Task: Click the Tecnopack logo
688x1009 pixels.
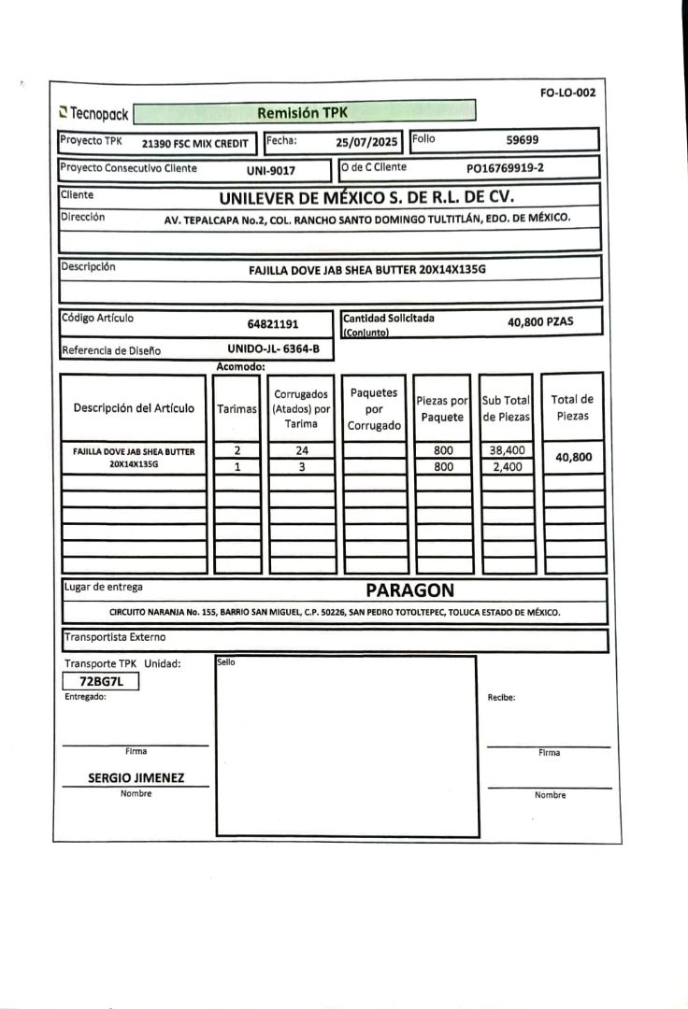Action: pyautogui.click(x=93, y=114)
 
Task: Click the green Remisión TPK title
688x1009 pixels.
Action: pyautogui.click(x=305, y=113)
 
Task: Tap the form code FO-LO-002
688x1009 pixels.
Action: pyautogui.click(x=567, y=92)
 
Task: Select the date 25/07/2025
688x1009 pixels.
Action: pyautogui.click(x=366, y=142)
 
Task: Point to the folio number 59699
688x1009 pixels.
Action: pyautogui.click(x=523, y=140)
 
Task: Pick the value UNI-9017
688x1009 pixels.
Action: pyautogui.click(x=271, y=170)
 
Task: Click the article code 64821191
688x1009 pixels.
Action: pyautogui.click(x=273, y=324)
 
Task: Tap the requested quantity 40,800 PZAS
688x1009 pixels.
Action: pyautogui.click(x=540, y=322)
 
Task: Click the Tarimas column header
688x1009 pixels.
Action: pyautogui.click(x=236, y=408)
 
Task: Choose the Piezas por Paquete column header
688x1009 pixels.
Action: pyautogui.click(x=442, y=408)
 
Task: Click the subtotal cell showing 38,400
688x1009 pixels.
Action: pyautogui.click(x=507, y=450)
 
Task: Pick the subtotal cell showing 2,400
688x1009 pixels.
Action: pyautogui.click(x=507, y=467)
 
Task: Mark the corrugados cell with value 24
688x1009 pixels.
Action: pyautogui.click(x=302, y=450)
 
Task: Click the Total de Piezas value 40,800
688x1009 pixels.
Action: pyautogui.click(x=573, y=457)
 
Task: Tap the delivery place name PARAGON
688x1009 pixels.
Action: pyautogui.click(x=409, y=590)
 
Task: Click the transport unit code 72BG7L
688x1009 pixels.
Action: pyautogui.click(x=101, y=682)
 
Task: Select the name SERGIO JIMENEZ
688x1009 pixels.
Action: pyautogui.click(x=136, y=777)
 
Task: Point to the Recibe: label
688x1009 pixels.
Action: pyautogui.click(x=502, y=697)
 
